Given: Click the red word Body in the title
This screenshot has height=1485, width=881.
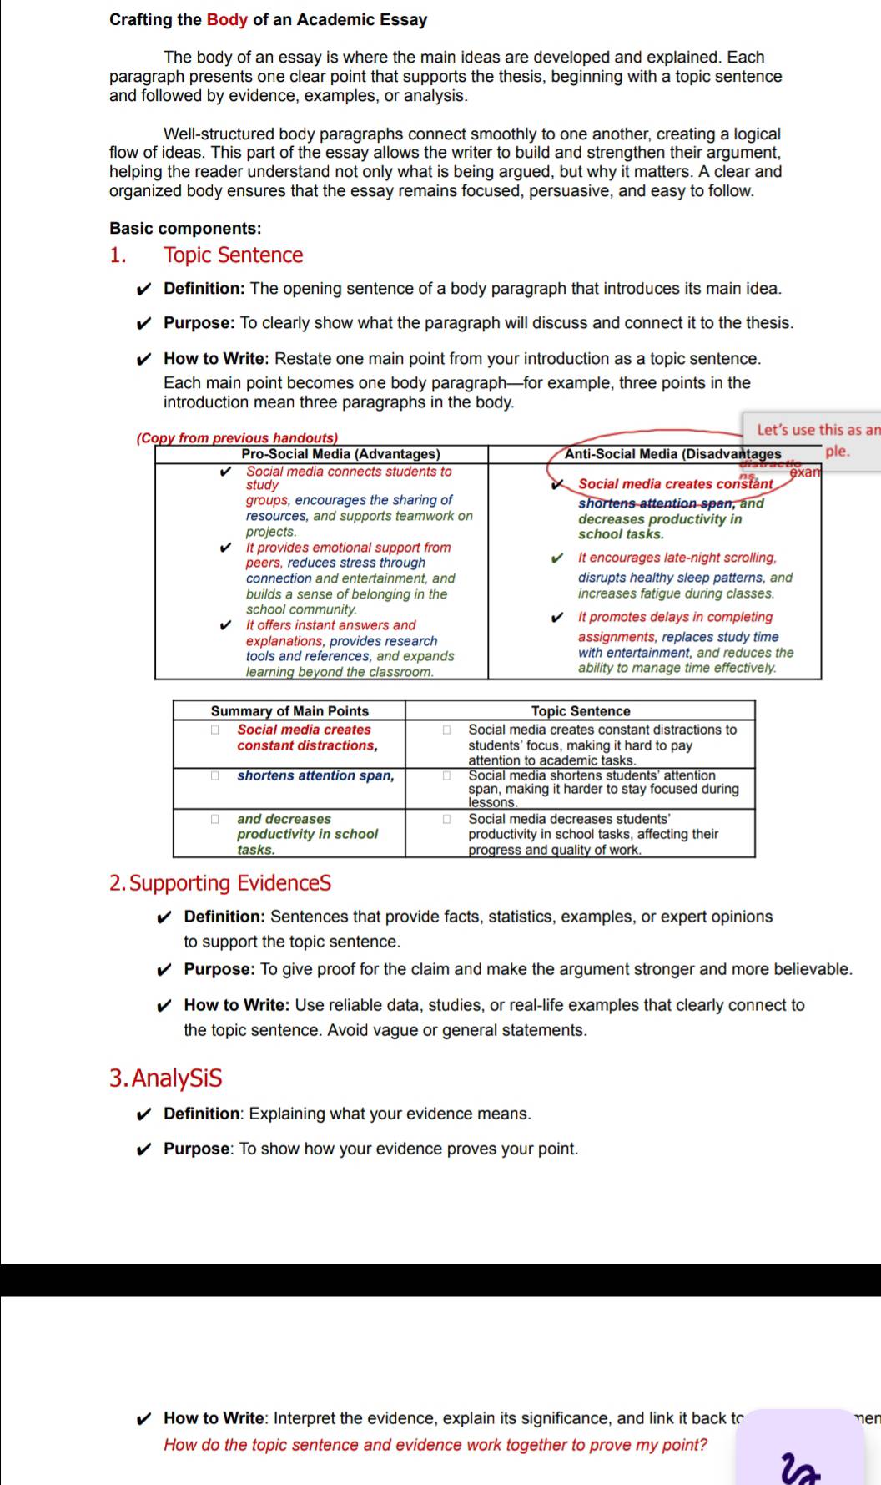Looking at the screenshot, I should pyautogui.click(x=227, y=19).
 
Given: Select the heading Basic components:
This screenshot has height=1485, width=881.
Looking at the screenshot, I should pyautogui.click(x=185, y=228).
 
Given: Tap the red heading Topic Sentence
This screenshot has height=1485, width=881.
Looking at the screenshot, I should pyautogui.click(x=233, y=255).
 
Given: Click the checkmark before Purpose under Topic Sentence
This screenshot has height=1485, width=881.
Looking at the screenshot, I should pyautogui.click(x=144, y=323).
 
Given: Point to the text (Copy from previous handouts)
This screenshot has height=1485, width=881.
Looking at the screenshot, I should pyautogui.click(x=237, y=437).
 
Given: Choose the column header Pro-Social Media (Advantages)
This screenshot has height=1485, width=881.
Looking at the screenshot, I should pyautogui.click(x=340, y=454).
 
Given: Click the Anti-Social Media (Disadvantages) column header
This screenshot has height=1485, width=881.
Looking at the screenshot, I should pyautogui.click(x=672, y=454).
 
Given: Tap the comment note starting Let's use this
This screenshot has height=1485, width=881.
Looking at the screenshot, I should pyautogui.click(x=813, y=440).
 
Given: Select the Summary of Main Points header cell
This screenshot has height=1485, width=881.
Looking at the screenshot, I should pyautogui.click(x=289, y=710).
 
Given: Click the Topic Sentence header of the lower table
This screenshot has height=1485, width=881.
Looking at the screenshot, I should pyautogui.click(x=581, y=710).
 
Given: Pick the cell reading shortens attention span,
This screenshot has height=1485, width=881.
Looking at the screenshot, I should pyautogui.click(x=315, y=775).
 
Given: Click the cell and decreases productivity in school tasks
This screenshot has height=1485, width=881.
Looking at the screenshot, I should pyautogui.click(x=307, y=834).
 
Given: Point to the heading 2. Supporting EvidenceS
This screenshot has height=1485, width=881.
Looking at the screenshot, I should pyautogui.click(x=220, y=882).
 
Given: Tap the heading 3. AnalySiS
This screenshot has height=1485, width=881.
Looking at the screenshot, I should pyautogui.click(x=166, y=1078).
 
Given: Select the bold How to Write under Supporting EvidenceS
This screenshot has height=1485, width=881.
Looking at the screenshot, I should pyautogui.click(x=236, y=1005).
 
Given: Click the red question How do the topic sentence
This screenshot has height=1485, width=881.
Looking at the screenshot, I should pyautogui.click(x=435, y=1445).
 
